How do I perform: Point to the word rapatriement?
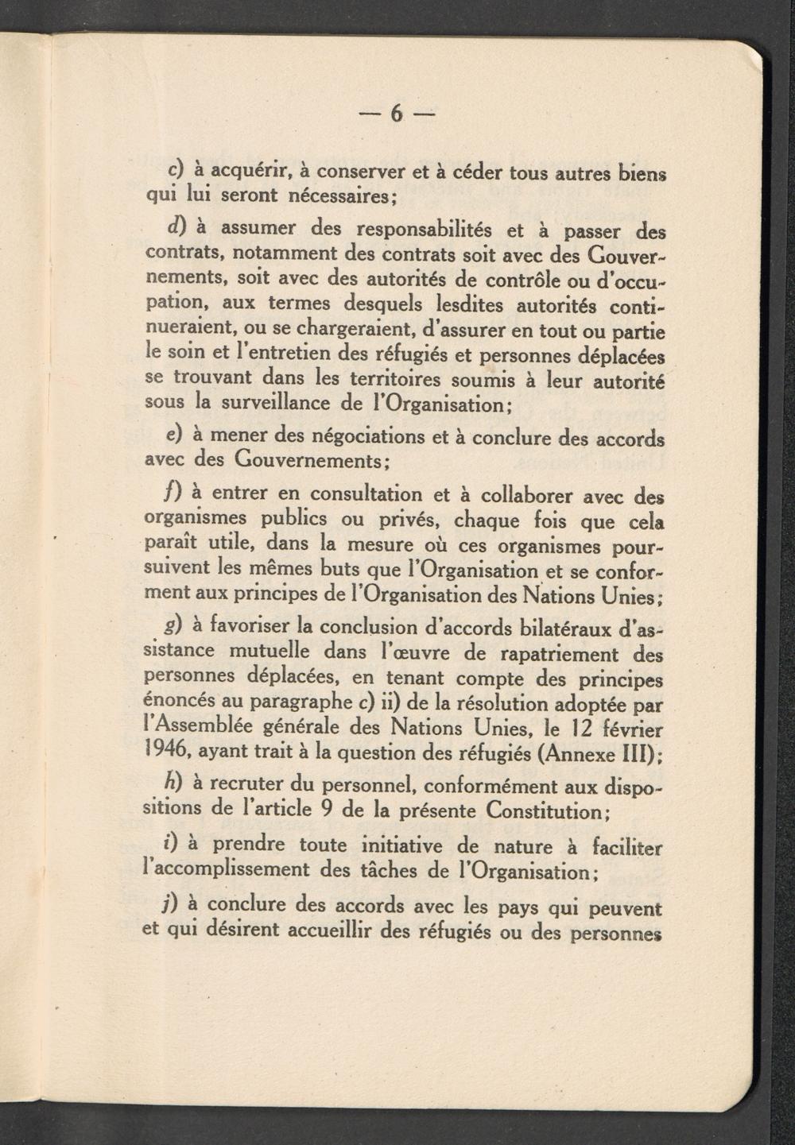(x=549, y=656)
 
